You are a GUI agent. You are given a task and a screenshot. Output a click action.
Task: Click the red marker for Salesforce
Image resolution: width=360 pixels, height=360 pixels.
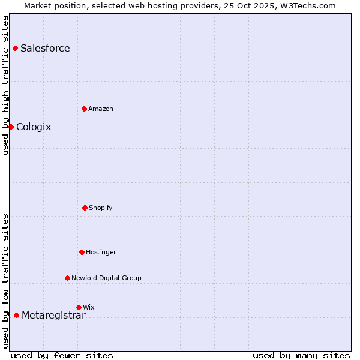tap(15, 48)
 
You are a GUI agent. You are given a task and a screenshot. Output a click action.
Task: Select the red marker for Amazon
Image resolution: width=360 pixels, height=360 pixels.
tap(84, 109)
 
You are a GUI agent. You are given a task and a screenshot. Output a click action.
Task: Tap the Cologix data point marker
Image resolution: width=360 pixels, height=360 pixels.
tap(11, 127)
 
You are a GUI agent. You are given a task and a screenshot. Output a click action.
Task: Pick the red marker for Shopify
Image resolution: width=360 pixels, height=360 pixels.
tap(85, 208)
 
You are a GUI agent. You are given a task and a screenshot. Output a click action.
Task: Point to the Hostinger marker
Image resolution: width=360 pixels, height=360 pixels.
tap(82, 252)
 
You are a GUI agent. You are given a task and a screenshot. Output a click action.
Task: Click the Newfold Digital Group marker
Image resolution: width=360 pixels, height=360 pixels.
tap(67, 278)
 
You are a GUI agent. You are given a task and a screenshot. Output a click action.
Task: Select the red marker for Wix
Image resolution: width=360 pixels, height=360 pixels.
tap(79, 307)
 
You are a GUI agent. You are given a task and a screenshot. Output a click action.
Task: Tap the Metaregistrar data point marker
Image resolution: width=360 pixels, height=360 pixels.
tap(16, 315)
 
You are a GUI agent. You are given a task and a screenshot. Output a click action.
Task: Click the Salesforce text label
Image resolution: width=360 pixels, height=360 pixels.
tap(45, 49)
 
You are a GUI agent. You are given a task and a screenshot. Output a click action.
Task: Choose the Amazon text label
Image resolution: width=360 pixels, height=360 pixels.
tap(101, 109)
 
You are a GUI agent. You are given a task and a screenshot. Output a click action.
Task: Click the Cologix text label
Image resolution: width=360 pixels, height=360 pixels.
tap(34, 127)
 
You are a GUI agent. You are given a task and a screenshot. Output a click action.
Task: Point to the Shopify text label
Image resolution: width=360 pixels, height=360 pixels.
tap(101, 208)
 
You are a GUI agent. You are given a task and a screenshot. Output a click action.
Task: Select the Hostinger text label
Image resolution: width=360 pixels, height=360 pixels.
tap(101, 253)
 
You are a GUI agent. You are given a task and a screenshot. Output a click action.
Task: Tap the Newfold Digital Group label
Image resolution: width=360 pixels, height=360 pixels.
tap(106, 278)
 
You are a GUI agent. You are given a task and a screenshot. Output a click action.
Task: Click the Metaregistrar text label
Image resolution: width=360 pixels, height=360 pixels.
tap(53, 316)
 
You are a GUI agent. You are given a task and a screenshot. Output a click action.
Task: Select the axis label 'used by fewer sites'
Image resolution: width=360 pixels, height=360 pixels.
tap(62, 355)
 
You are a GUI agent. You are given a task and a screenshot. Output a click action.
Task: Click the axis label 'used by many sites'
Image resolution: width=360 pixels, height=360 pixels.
tap(301, 355)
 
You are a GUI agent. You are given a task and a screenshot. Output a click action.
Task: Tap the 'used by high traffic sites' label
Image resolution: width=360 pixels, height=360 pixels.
tap(5, 85)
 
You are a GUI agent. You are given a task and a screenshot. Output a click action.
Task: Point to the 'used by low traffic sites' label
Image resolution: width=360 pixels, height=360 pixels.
tap(5, 280)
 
